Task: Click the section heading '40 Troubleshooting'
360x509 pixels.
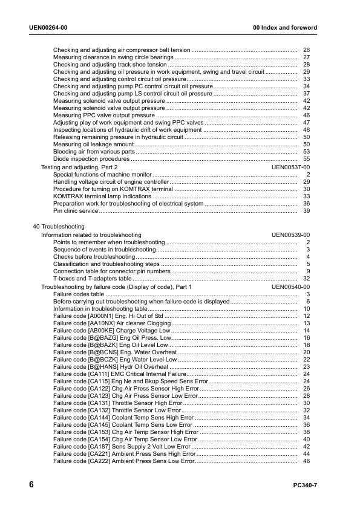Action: (x=58, y=226)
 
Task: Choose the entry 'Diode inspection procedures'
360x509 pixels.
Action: (x=91, y=159)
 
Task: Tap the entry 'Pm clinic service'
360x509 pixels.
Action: (x=76, y=212)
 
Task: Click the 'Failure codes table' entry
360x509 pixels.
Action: (x=79, y=294)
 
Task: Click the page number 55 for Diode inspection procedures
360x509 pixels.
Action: (x=306, y=159)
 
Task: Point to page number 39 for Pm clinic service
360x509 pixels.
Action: (x=306, y=212)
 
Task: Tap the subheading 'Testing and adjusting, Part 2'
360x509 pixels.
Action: (x=79, y=167)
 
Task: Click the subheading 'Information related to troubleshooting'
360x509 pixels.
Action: (x=91, y=235)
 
